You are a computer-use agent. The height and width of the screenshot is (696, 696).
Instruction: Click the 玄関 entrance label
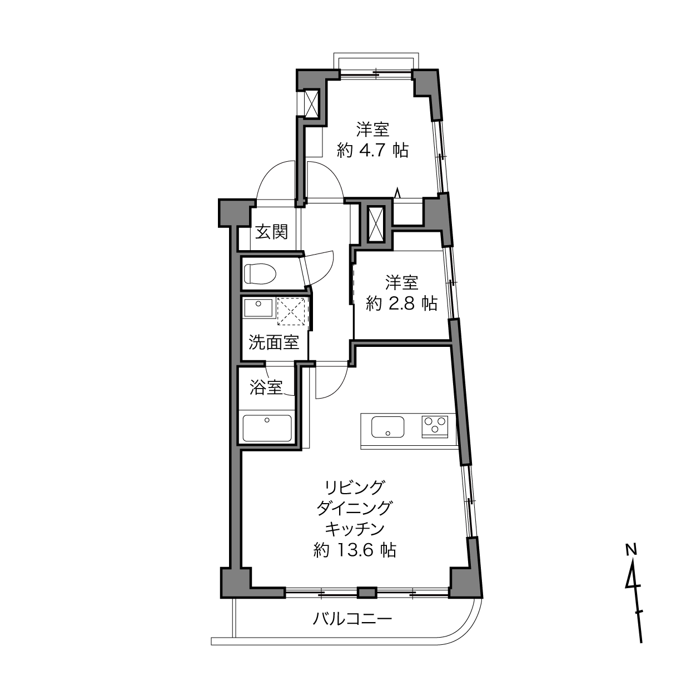pyautogui.click(x=272, y=232)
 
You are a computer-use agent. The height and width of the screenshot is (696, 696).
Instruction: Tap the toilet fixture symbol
pyautogui.click(x=260, y=274)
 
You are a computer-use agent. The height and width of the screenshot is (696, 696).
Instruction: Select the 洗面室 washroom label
pyautogui.click(x=274, y=342)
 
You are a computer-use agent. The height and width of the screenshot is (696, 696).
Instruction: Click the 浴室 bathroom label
pyautogui.click(x=266, y=387)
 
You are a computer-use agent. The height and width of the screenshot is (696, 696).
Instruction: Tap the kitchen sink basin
pyautogui.click(x=388, y=427)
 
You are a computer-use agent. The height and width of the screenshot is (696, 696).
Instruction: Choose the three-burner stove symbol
pyautogui.click(x=435, y=426)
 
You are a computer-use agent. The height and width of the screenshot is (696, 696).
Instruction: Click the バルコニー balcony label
pyautogui.click(x=352, y=619)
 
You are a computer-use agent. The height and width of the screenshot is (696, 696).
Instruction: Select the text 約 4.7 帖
pyautogui.click(x=373, y=150)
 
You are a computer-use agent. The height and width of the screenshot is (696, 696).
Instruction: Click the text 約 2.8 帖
pyautogui.click(x=401, y=304)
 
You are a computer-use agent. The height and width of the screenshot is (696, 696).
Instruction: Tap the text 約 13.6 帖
pyautogui.click(x=355, y=550)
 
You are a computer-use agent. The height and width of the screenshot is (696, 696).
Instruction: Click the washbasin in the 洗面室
pyautogui.click(x=258, y=308)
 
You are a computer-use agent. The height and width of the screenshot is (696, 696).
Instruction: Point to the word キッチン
pyautogui.click(x=354, y=529)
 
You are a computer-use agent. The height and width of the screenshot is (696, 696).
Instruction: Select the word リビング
pyautogui.click(x=354, y=488)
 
